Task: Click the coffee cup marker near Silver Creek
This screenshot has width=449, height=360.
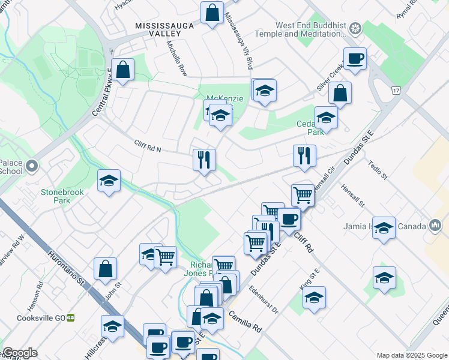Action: [x=355, y=59]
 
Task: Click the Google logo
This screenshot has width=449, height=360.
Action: [x=20, y=353]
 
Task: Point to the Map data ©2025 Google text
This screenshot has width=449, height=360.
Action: [x=411, y=355]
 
